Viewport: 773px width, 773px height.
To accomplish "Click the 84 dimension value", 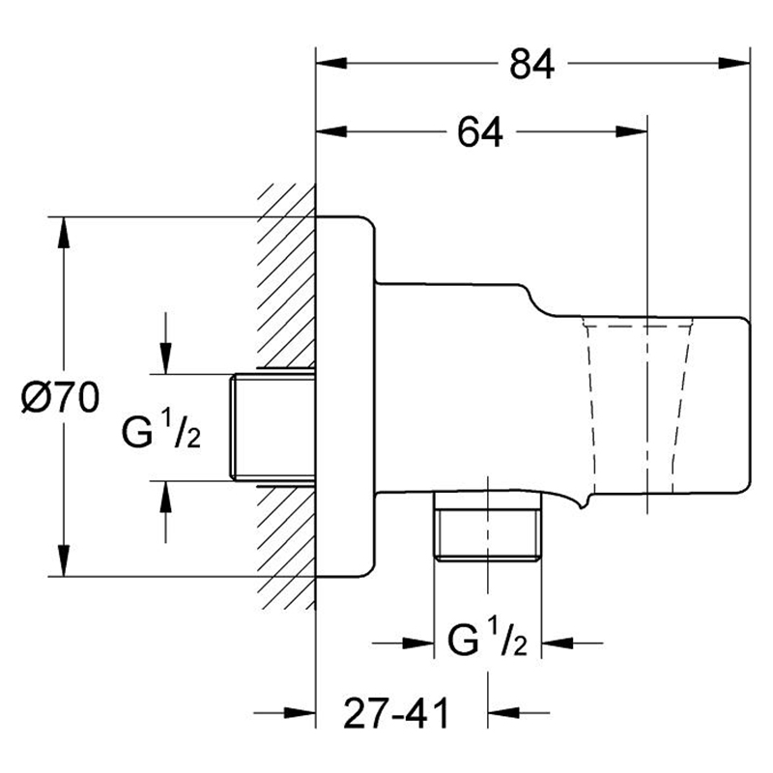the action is coord(532,64).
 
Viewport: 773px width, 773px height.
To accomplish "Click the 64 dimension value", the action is coord(479,132).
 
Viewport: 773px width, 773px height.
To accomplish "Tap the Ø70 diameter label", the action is coord(60,397).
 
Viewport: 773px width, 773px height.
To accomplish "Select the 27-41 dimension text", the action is coord(396,713).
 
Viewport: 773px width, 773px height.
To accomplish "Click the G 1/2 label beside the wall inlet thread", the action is coord(161,431).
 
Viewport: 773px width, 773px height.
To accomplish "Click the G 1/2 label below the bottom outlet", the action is coord(487,639).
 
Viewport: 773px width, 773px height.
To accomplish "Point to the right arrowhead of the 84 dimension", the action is coord(734,63).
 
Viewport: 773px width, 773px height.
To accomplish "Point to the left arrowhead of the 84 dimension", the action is coord(331,63).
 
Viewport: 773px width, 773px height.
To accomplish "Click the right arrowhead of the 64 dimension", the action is coord(632,131).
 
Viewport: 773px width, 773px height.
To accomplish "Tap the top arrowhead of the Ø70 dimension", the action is coord(63,232).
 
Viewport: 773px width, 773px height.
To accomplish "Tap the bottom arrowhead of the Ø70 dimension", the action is coord(63,560).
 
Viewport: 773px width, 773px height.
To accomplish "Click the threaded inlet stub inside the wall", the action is coord(273,427).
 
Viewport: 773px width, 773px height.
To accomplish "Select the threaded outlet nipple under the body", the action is coord(487,526).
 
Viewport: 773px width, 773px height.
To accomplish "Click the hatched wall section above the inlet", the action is coord(286,276).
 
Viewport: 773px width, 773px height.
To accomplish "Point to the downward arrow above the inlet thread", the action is coord(165,343).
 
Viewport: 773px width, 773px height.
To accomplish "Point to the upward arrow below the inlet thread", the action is coord(165,512).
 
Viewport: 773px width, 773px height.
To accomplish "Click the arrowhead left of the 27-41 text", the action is coord(301,712).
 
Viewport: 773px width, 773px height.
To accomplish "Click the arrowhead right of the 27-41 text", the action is coord(503,712).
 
